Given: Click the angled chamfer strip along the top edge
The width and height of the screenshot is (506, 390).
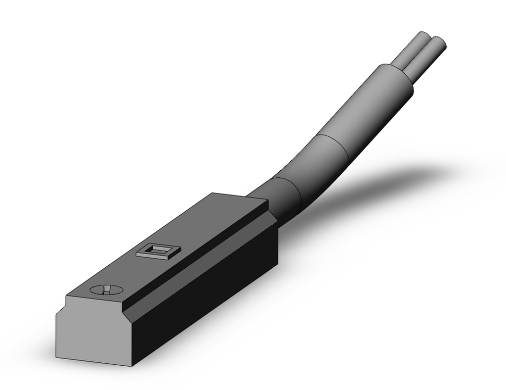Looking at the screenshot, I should click(202, 253).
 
